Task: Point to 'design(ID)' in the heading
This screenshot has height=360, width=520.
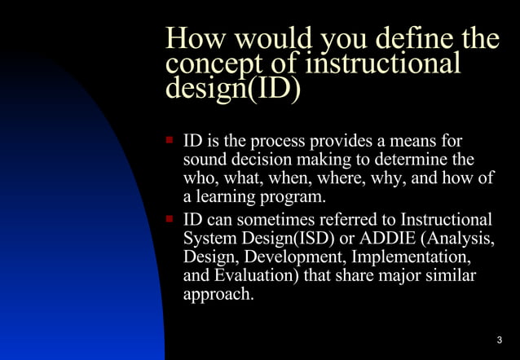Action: pyautogui.click(x=233, y=88)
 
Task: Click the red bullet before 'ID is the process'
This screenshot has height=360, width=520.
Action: pyautogui.click(x=170, y=140)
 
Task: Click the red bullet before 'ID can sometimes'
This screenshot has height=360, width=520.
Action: pyautogui.click(x=170, y=219)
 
